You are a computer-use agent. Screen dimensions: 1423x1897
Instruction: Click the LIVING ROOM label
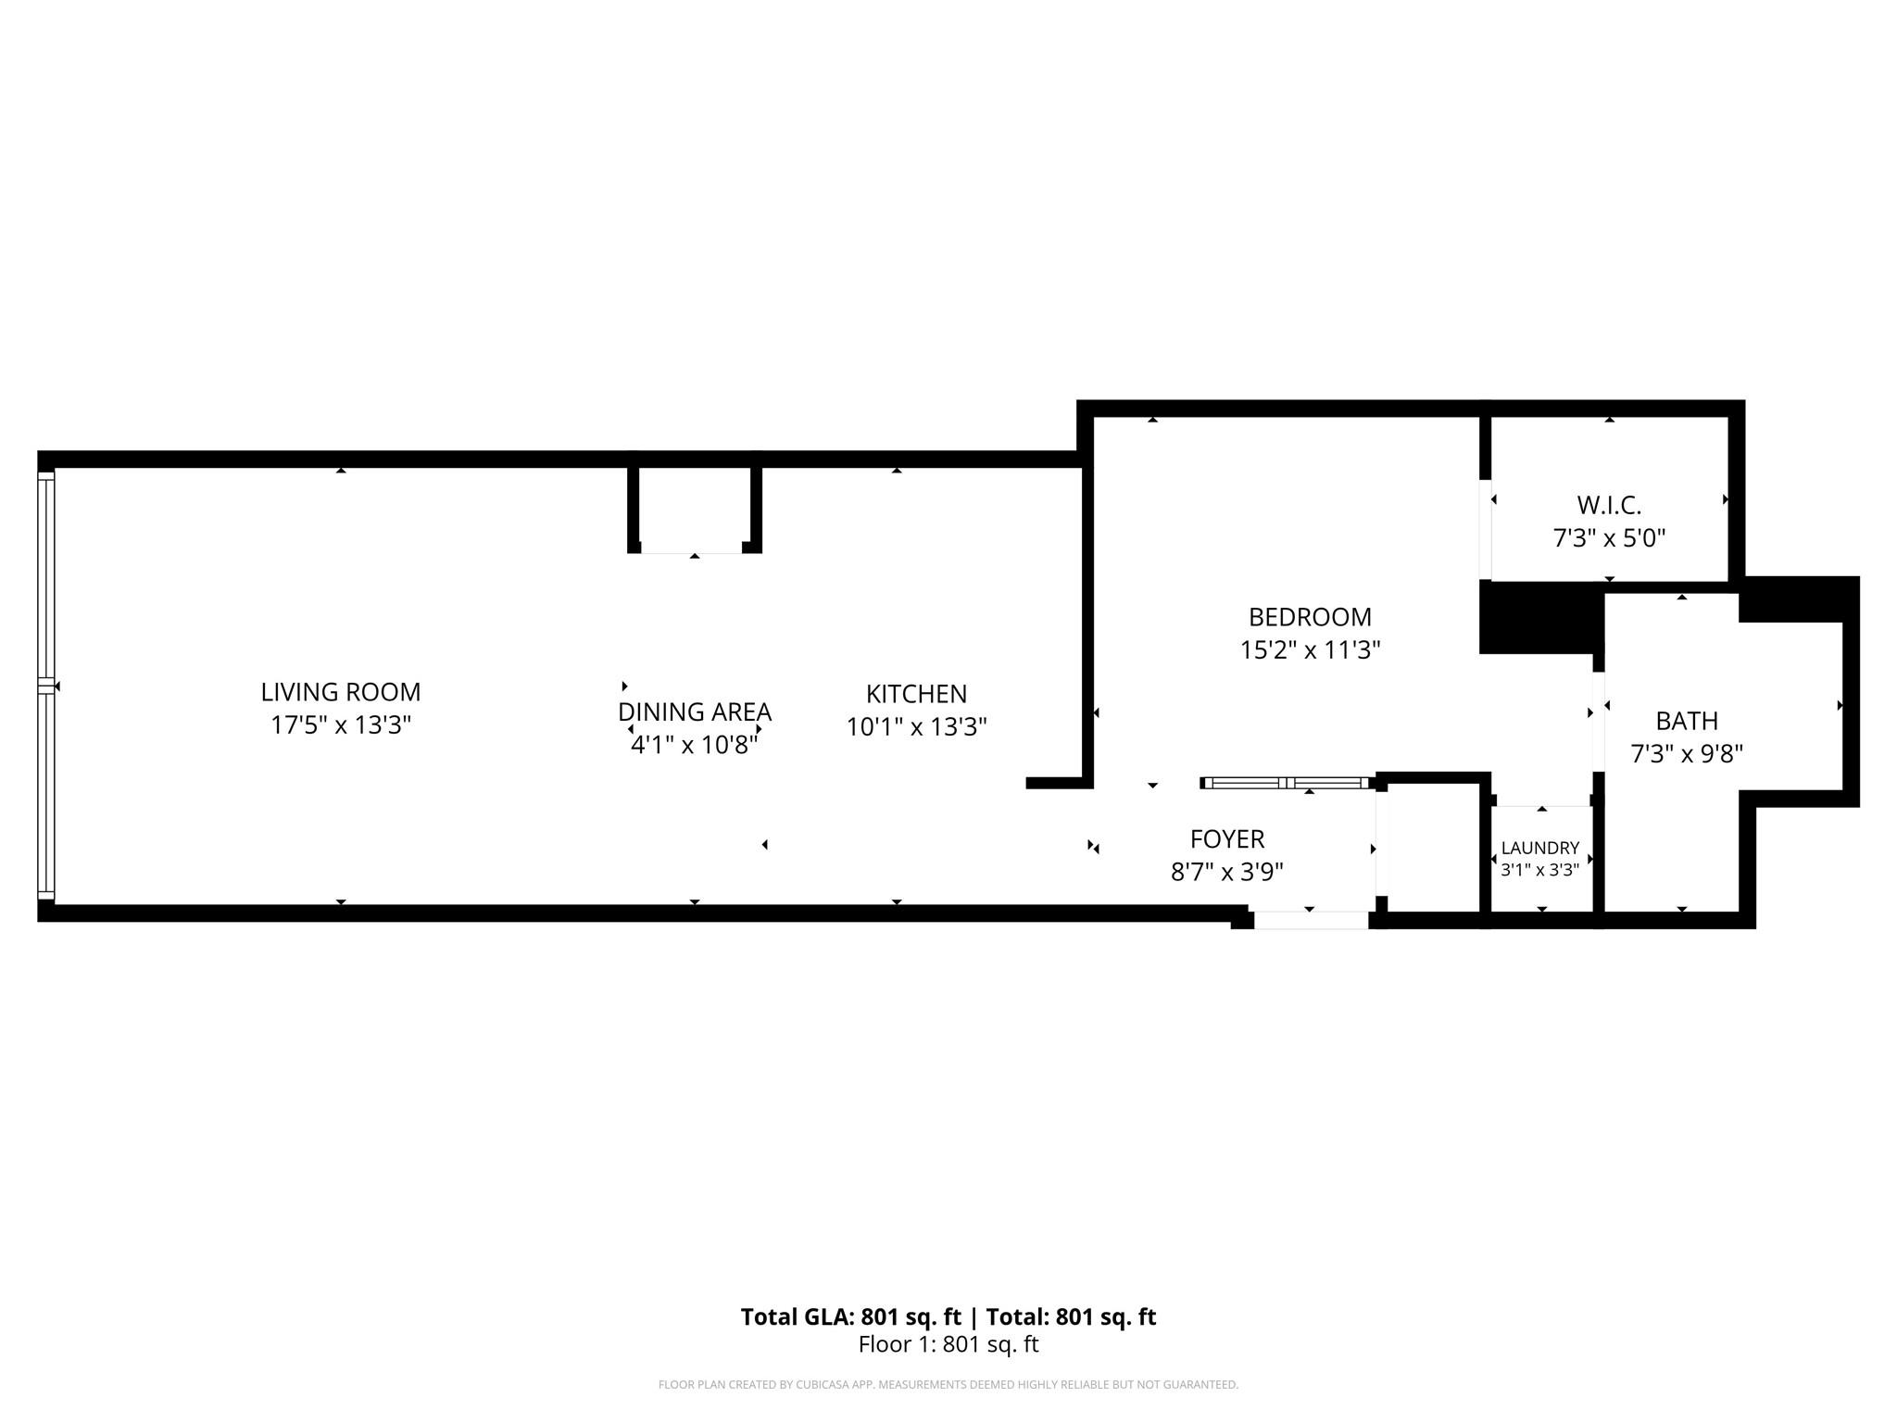(340, 692)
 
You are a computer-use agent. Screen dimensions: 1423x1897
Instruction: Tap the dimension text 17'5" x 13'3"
(340, 724)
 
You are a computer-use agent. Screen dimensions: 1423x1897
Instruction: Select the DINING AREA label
(694, 711)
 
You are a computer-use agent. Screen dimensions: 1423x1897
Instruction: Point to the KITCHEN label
(916, 694)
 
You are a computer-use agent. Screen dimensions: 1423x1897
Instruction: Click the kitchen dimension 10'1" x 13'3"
(916, 727)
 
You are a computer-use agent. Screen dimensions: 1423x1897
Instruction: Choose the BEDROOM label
(1310, 617)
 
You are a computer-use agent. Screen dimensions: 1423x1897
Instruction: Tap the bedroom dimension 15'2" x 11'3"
(1310, 650)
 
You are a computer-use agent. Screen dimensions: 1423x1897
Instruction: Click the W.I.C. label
(1609, 506)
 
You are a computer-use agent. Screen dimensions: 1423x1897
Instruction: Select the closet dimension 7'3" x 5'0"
(1609, 538)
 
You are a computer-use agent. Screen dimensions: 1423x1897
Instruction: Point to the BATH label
(1687, 721)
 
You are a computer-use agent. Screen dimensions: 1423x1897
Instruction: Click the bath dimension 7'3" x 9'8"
(1687, 754)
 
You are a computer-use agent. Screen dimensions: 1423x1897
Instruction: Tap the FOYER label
(1226, 839)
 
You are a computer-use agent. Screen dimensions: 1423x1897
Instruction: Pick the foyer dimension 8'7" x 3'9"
(1226, 872)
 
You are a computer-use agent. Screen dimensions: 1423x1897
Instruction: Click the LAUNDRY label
(1539, 848)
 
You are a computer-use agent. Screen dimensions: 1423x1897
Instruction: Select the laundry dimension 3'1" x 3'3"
(1539, 870)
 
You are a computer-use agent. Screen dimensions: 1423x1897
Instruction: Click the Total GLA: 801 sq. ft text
(850, 1316)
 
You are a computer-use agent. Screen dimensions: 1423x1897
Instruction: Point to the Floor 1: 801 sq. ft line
(948, 1344)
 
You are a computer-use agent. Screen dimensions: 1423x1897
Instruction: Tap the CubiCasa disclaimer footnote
(948, 1385)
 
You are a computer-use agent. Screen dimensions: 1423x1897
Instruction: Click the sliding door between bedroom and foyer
(1286, 783)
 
